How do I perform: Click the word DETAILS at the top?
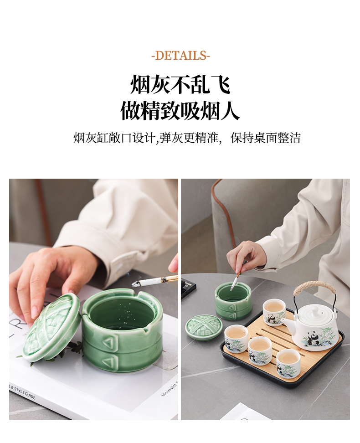181,56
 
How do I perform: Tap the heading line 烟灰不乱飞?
180,84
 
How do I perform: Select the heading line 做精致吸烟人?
180,111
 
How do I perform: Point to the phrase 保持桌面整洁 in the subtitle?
265,138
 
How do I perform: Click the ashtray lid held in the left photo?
51,327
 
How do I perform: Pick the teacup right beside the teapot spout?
274,313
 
